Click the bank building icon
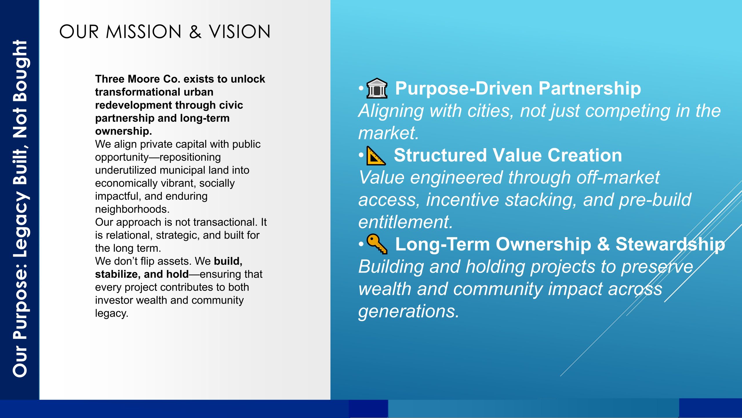[377, 88]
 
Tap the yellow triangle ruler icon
[376, 156]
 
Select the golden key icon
[377, 244]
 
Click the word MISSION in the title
[143, 32]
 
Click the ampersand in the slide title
[195, 32]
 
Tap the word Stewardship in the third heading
[670, 244]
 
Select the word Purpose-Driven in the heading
[464, 88]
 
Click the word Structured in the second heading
[440, 155]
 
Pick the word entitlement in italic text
[405, 222]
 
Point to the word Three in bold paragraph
[110, 79]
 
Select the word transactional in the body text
[225, 222]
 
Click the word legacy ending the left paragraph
[112, 313]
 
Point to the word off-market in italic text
[618, 177]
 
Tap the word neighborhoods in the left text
[132, 209]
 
